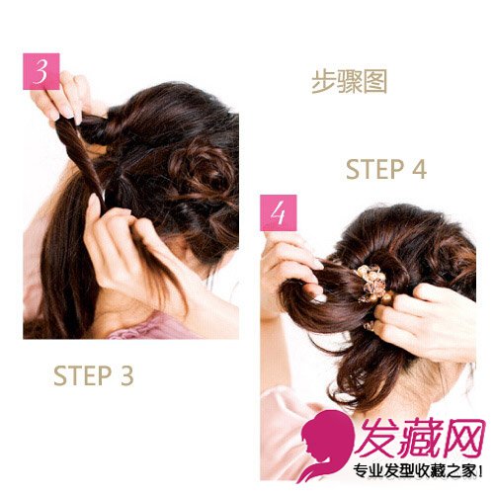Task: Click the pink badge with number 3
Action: click(x=41, y=71)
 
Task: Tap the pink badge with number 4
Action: click(x=279, y=212)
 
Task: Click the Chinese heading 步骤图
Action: click(x=349, y=82)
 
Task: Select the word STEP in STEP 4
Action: click(x=374, y=169)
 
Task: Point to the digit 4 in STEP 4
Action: click(x=419, y=169)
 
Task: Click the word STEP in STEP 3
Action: click(x=82, y=375)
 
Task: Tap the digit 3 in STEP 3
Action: click(x=126, y=375)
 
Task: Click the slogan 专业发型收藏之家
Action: click(x=415, y=472)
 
